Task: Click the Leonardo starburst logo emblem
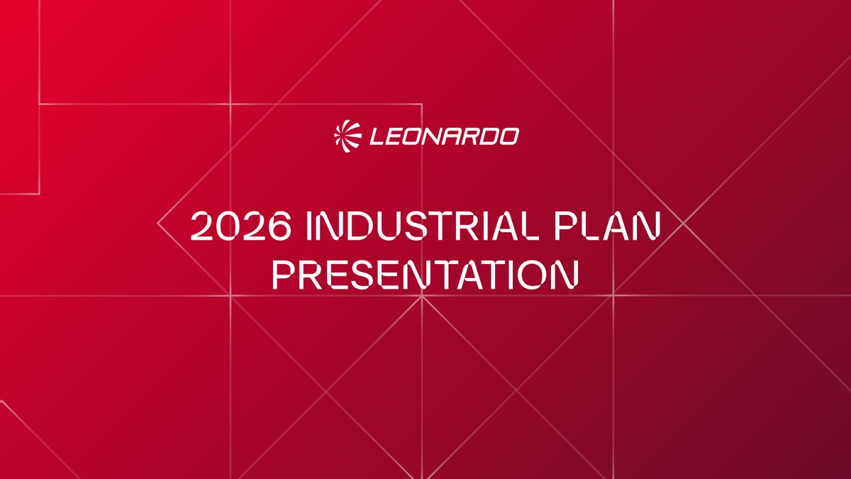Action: point(347,136)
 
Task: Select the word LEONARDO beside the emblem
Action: point(445,137)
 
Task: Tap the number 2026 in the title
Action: point(241,226)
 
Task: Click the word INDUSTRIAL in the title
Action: point(422,226)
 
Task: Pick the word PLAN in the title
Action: point(608,226)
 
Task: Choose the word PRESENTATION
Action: point(425,274)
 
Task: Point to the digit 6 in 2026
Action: point(280,226)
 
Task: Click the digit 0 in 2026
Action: point(228,226)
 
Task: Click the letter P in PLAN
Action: point(565,226)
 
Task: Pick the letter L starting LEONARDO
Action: point(377,137)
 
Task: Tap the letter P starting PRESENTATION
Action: point(284,274)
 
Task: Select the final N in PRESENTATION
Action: point(567,274)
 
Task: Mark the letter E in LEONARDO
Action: point(395,137)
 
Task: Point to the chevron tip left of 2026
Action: point(157,224)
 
